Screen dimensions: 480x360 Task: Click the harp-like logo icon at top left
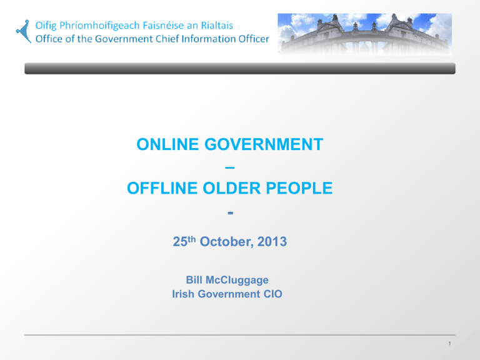[24, 31]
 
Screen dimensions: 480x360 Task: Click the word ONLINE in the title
[167, 144]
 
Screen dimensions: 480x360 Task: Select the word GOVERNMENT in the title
[264, 144]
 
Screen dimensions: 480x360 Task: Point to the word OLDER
[232, 188]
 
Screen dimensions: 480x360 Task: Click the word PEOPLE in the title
[299, 188]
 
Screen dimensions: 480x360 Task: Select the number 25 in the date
[180, 241]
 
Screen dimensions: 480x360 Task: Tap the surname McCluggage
[237, 280]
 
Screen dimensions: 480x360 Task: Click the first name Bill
[194, 280]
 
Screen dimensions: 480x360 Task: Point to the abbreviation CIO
[273, 294]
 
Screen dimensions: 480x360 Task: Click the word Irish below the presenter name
[183, 294]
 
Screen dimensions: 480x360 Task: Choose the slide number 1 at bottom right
[449, 344]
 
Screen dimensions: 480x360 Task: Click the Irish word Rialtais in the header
[217, 26]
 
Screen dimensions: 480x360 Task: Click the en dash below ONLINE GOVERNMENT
[230, 167]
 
